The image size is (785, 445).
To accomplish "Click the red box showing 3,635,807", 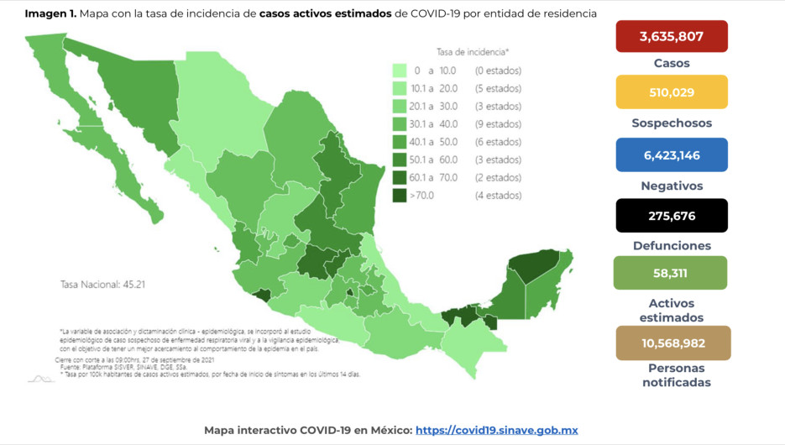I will coord(671,37).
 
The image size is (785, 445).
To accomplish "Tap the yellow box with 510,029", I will coord(671,92).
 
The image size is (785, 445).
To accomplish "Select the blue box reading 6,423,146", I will coord(671,155).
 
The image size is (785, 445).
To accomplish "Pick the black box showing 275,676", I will coord(671,216).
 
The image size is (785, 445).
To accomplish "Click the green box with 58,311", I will coord(671,274).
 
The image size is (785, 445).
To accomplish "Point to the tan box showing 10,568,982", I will coord(671,343).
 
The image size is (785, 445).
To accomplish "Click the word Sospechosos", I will coord(671,123).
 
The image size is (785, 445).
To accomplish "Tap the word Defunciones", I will coord(671,246).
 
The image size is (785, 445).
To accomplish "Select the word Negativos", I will coord(671,186).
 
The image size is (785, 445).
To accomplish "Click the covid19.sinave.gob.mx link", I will coord(496,430).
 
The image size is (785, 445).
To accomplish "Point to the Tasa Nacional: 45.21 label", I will coord(103,285).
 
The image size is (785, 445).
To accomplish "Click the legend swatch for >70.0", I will coord(400,196).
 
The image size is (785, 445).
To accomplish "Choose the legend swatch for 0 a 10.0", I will coord(400,71).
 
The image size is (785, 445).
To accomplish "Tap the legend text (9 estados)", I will coord(498,124).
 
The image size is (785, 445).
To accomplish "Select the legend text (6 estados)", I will coord(498,142).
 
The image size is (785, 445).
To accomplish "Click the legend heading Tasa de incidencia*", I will coord(472,52).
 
